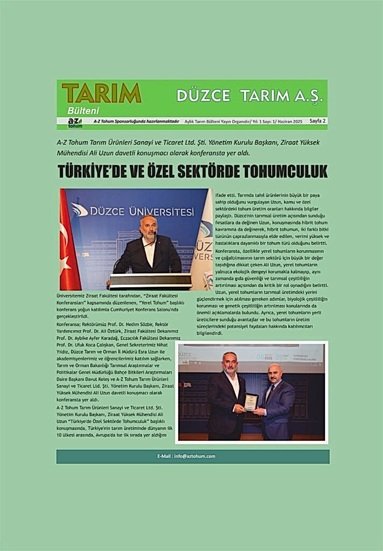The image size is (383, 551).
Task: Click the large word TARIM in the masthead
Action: pyautogui.click(x=101, y=93)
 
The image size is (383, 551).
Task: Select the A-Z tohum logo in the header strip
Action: pyautogui.click(x=75, y=123)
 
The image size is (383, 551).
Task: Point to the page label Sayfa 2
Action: pyautogui.click(x=317, y=122)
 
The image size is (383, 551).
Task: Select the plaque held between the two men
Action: pyautogui.click(x=251, y=401)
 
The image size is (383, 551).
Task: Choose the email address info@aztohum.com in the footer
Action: pyautogui.click(x=194, y=456)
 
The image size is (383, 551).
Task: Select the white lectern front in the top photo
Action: pyautogui.click(x=151, y=281)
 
